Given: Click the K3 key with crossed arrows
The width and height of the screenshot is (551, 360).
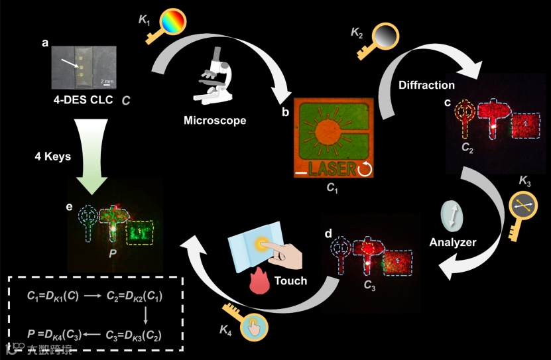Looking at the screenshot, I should pos(522,208).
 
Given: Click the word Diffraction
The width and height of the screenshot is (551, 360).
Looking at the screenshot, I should pos(426,85).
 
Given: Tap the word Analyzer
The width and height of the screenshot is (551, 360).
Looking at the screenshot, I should pos(453,243).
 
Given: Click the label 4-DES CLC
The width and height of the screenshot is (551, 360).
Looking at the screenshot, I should pos(80,100).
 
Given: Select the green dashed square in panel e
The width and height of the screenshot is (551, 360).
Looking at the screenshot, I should pos(141,233).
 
